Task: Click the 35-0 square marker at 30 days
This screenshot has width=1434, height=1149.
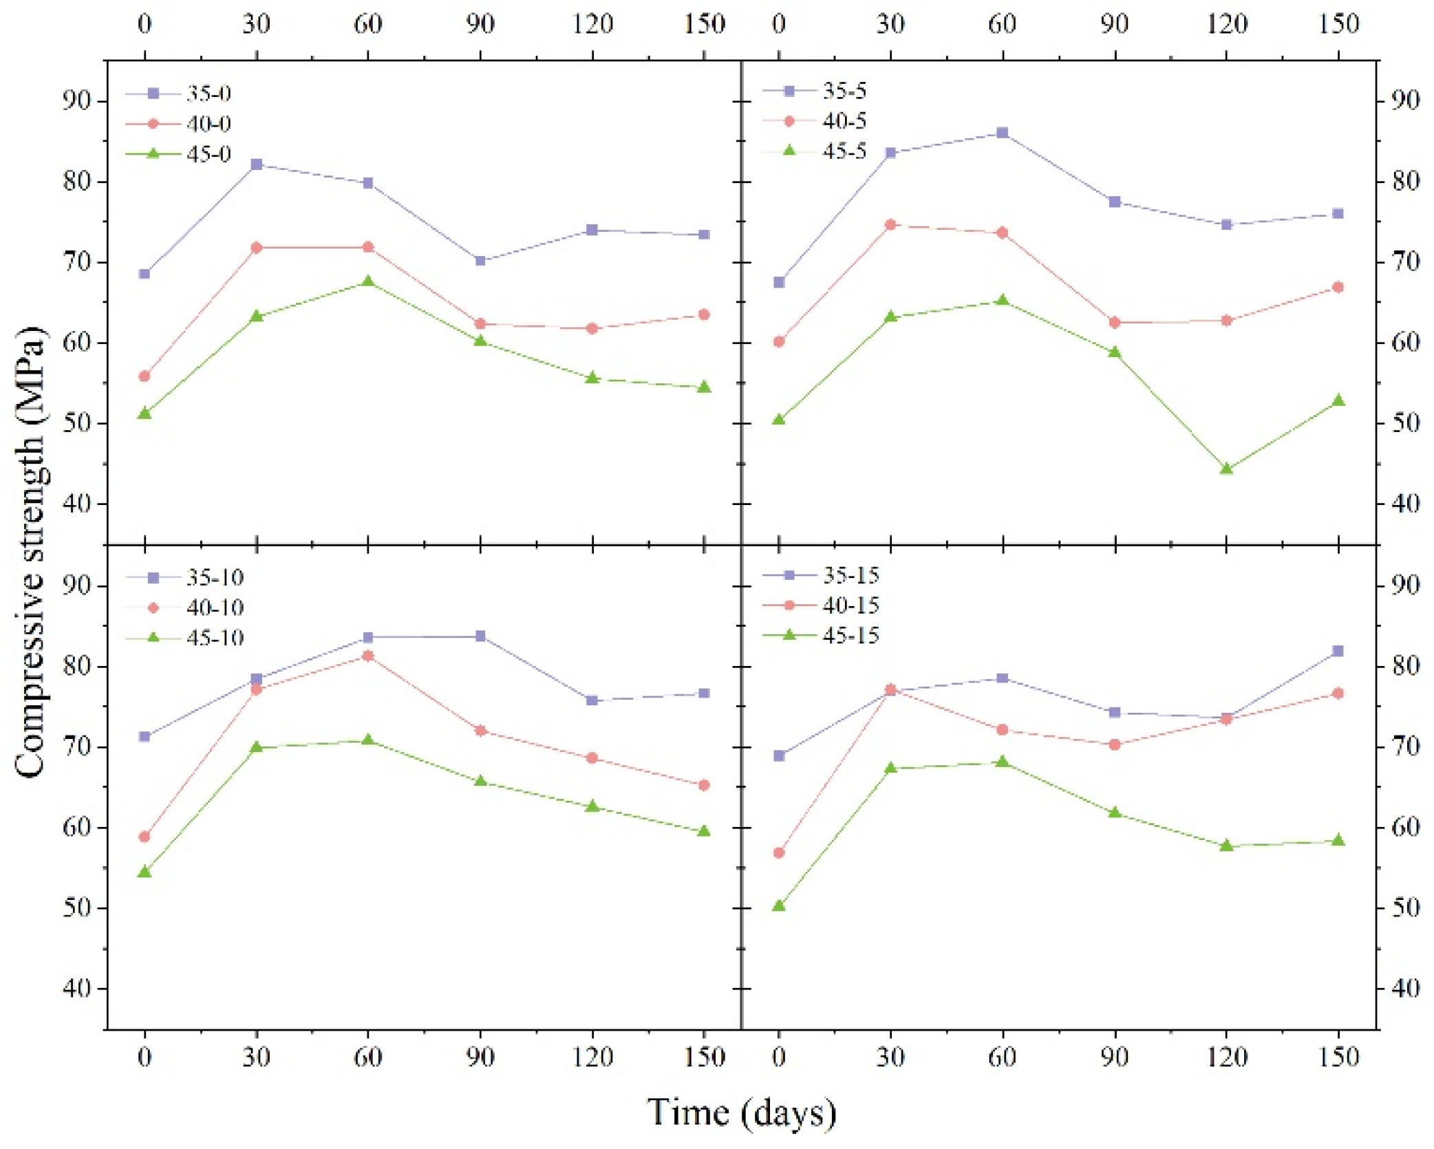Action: pos(257,164)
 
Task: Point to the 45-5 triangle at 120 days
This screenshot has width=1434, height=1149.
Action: pos(1226,469)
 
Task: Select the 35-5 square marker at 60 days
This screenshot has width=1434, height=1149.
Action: pos(1003,133)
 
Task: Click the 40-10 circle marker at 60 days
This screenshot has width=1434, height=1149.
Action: pos(368,656)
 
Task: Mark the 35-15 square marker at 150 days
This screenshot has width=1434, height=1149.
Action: pos(1338,651)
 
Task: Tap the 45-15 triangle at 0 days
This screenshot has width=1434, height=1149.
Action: pos(779,906)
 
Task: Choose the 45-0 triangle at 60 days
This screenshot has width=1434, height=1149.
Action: pos(368,281)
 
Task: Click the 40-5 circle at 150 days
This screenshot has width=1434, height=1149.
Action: pos(1338,288)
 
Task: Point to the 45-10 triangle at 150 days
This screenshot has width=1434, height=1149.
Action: pos(704,832)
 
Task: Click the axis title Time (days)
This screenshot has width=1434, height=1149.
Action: pos(741,1113)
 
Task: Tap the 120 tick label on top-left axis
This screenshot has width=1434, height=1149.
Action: pos(592,25)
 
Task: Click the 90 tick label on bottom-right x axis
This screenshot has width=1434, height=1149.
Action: pos(1114,1057)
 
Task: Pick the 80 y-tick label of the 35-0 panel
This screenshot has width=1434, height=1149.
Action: pos(76,182)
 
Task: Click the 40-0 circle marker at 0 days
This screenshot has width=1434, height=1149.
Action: pos(145,376)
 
